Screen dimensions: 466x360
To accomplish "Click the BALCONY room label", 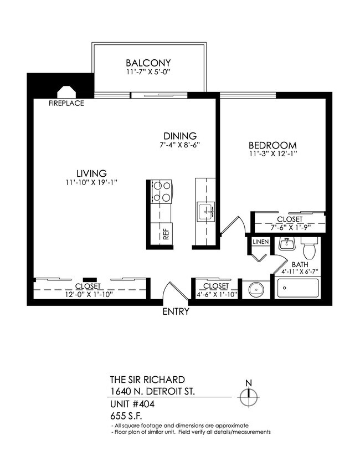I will tap(148, 63).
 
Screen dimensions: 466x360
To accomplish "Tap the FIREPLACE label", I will tap(66, 103).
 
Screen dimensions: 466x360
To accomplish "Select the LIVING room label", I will tap(91, 172).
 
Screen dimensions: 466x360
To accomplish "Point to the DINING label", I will tap(180, 136).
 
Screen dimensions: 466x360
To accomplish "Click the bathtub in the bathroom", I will tap(297, 289).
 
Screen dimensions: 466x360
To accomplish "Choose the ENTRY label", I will tap(176, 311).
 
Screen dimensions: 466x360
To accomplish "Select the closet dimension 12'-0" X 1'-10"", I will tap(88, 294).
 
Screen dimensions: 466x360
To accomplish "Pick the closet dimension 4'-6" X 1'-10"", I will tap(216, 294).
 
